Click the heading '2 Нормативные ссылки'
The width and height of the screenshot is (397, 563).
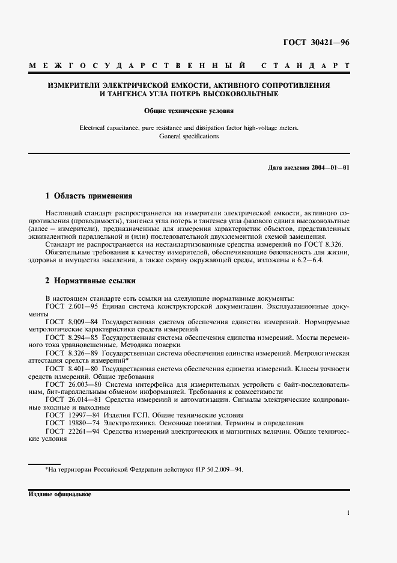pyautogui.click(x=91, y=281)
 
